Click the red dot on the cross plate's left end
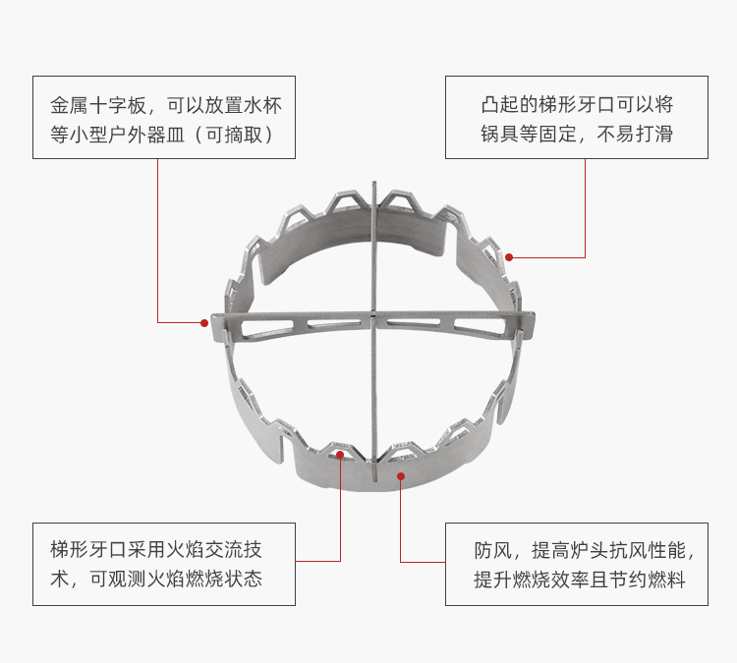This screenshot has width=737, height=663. [x=204, y=322]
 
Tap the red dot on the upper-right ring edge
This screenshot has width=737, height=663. [x=509, y=257]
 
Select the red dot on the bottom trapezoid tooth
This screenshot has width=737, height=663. [x=339, y=455]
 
